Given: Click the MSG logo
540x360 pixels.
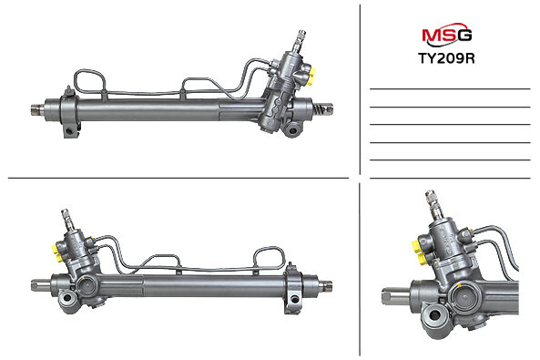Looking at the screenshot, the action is pyautogui.click(x=447, y=34).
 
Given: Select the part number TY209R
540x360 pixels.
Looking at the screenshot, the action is pyautogui.click(x=446, y=58).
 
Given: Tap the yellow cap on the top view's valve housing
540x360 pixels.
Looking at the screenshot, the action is pyautogui.click(x=311, y=77).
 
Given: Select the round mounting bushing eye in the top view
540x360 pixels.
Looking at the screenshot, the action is pyautogui.click(x=293, y=130).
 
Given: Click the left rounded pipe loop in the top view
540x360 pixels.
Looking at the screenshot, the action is pyautogui.click(x=89, y=83).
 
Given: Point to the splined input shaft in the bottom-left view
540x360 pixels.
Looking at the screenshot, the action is pyautogui.click(x=67, y=220).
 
